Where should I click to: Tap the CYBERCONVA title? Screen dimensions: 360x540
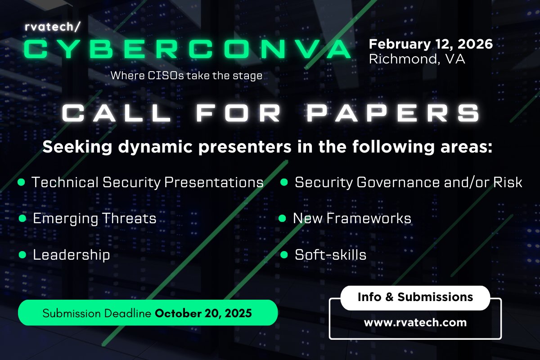point(187,49)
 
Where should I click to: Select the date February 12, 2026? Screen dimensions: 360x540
point(431,45)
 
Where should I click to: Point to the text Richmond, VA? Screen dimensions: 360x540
point(417,59)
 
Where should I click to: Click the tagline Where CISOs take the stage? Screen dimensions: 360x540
point(186,75)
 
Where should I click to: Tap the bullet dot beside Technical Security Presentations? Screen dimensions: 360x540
point(21,182)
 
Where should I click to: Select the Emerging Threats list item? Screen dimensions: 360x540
point(94,219)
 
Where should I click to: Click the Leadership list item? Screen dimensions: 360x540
point(71,255)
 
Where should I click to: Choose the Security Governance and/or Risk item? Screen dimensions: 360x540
point(408,182)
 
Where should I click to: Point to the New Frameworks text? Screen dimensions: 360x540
point(352,219)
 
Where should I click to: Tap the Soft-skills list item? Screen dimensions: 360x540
point(330,255)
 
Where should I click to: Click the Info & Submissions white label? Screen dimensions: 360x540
point(415,297)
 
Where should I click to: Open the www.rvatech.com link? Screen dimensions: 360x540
point(415,323)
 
